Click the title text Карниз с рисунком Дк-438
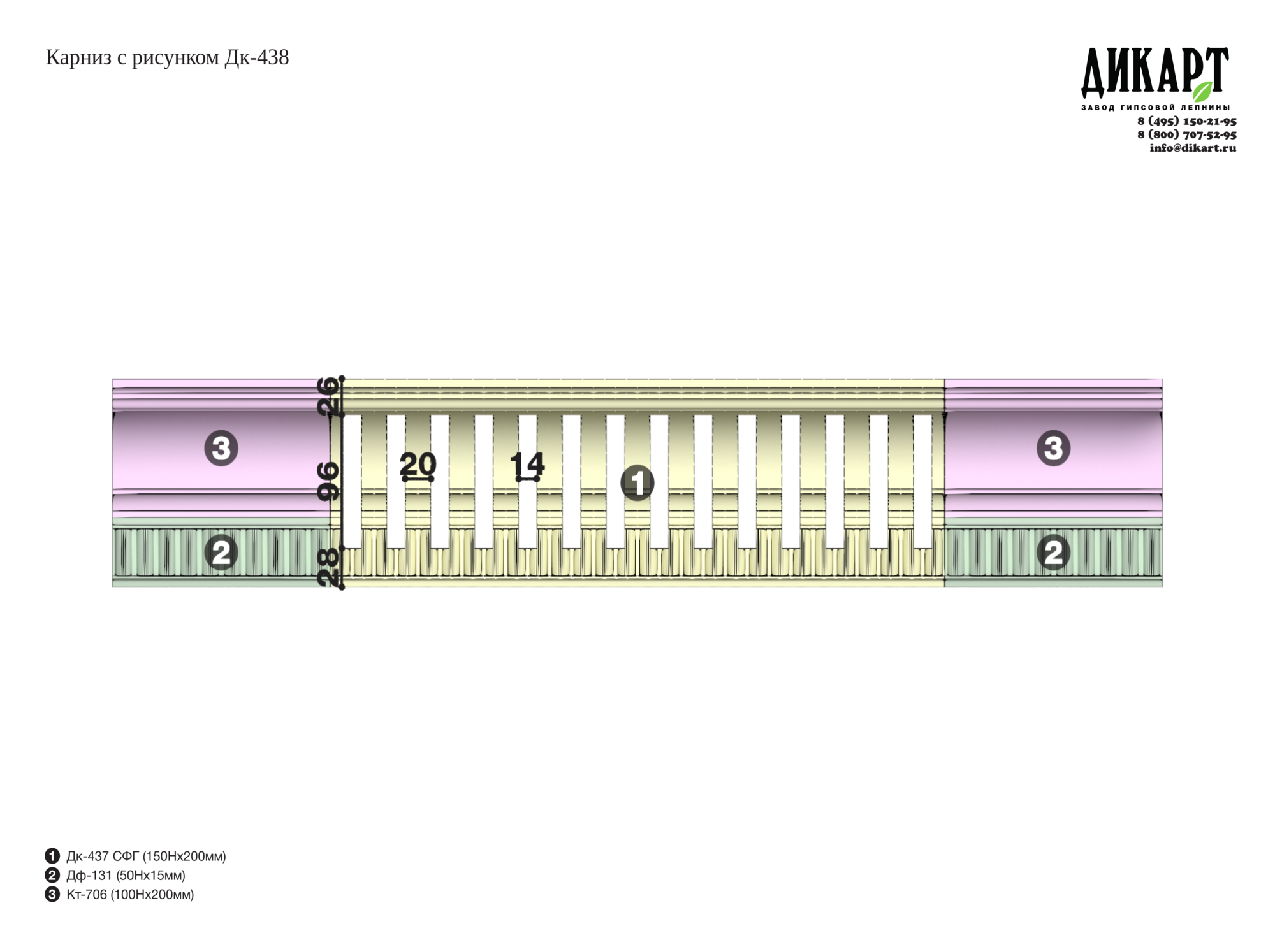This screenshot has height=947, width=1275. pos(167,58)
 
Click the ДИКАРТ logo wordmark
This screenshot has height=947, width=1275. pos(1155,71)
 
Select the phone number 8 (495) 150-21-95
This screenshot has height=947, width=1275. pos(1187,121)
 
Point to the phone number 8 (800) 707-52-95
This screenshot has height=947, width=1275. pos(1187,134)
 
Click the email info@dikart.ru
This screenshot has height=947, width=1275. pos(1193,148)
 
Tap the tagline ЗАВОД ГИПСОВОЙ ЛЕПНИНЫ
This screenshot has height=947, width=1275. pos(1155,107)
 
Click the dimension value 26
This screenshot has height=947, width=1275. pos(328,396)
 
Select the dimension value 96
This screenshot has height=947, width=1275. pos(328,481)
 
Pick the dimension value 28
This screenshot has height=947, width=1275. pos(328,568)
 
